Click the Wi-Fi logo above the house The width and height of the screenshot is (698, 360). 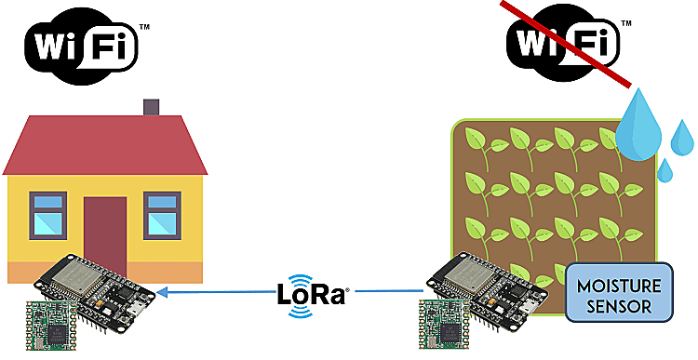[x=84, y=42]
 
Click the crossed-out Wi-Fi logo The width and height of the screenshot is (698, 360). [x=563, y=42]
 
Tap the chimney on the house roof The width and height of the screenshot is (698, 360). [x=152, y=108]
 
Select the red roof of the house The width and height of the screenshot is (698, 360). [x=102, y=144]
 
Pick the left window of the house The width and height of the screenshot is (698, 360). [x=47, y=214]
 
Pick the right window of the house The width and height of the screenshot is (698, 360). [x=162, y=214]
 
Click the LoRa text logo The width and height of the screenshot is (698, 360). [x=311, y=295]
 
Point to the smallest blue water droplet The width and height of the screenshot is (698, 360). [x=665, y=169]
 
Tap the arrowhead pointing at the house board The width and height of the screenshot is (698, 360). [x=164, y=291]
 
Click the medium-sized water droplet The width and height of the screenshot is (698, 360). [x=682, y=138]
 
